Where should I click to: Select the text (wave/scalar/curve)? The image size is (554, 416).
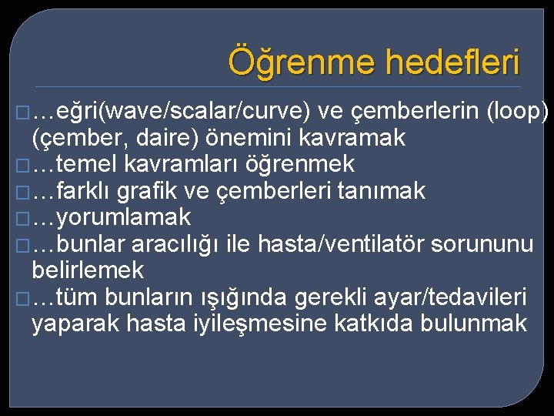[x=208, y=112]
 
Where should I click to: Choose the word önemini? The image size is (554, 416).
[x=230, y=139]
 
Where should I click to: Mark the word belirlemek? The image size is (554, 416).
[x=88, y=270]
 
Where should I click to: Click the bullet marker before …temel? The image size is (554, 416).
[x=21, y=165]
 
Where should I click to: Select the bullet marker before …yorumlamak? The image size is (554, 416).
[x=21, y=218]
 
